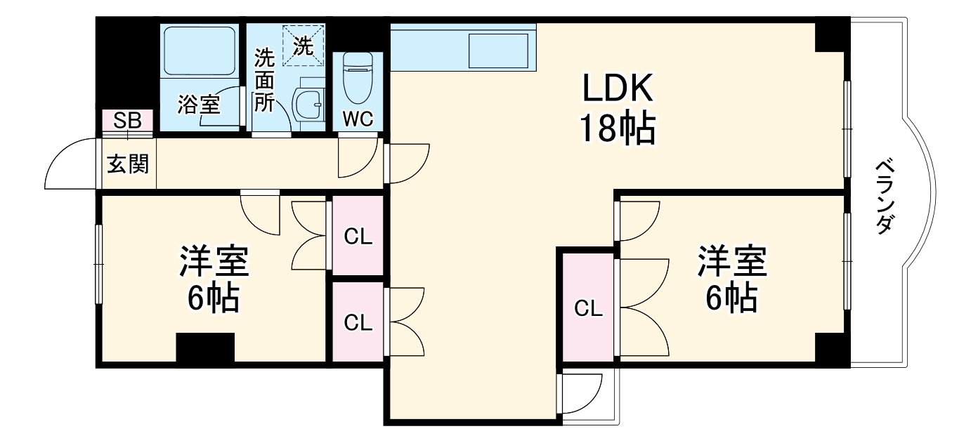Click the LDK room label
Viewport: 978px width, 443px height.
click(618, 88)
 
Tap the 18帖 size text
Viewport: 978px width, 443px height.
click(618, 128)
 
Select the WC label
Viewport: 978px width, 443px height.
click(358, 119)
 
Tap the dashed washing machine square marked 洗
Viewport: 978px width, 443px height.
click(304, 46)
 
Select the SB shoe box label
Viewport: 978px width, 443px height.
click(127, 120)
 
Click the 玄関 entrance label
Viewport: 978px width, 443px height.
click(128, 164)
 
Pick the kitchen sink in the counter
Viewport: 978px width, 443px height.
click(498, 51)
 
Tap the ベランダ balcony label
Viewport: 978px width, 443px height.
click(885, 197)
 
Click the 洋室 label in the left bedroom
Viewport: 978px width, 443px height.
click(214, 261)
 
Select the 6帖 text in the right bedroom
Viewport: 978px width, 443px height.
click(731, 297)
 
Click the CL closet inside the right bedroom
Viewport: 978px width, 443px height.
click(589, 308)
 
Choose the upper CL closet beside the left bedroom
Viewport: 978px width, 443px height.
click(358, 236)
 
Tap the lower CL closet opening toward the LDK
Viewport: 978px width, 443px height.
click(358, 322)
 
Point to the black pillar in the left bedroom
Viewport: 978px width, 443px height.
click(205, 348)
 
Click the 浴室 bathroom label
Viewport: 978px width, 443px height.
click(199, 105)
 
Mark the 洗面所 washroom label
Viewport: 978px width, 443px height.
click(265, 80)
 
